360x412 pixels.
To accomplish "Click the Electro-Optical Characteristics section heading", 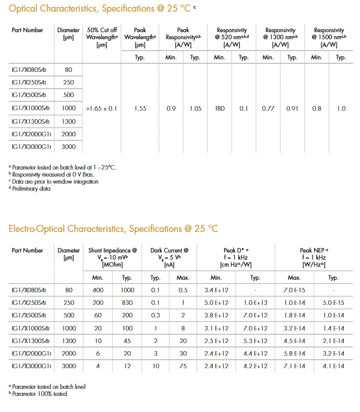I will tap(113, 229).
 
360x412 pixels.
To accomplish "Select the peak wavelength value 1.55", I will tap(140, 108).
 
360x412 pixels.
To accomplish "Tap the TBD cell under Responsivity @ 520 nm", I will tap(220, 108).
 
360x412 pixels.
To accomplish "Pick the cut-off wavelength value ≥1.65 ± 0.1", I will tap(102, 108).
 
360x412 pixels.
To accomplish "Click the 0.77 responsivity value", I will tap(268, 108).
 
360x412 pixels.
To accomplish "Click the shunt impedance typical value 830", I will tap(127, 303).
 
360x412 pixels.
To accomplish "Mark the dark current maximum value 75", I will tap(183, 366).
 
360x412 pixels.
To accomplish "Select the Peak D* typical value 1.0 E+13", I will tap(255, 303).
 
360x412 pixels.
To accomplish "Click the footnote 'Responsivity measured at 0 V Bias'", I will tap(53, 175).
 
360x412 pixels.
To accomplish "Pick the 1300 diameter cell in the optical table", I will tap(68, 121).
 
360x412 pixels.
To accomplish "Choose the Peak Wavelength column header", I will tap(140, 37).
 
